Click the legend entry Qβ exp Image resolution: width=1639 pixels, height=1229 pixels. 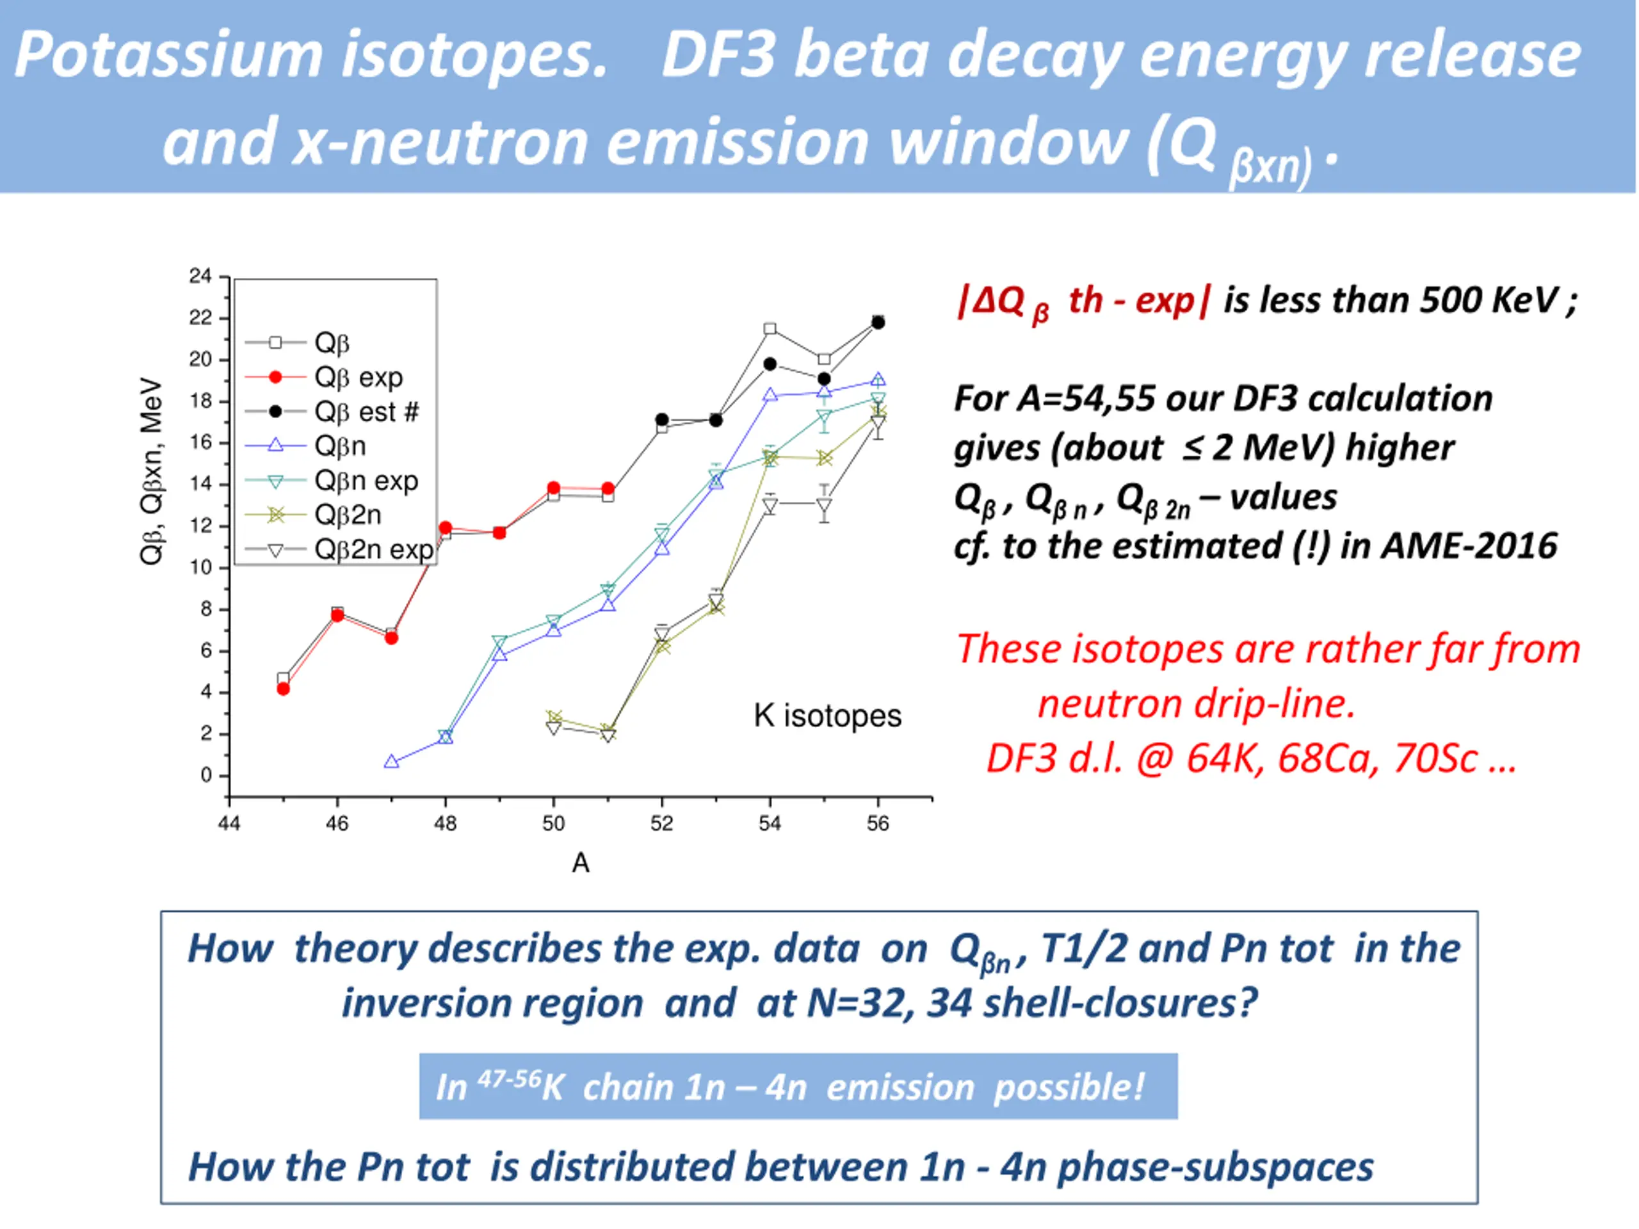359,377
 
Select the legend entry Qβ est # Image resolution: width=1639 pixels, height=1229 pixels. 367,412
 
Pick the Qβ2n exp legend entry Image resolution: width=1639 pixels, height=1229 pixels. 373,550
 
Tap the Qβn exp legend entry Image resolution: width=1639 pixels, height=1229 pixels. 366,481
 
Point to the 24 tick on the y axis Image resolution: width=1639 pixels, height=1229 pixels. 200,277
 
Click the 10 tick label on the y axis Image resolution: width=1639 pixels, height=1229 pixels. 200,568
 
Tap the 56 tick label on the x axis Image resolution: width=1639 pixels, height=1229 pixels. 878,824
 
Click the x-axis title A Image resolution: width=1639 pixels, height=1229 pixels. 581,863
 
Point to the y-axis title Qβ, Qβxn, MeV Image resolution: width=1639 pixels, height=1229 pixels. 151,471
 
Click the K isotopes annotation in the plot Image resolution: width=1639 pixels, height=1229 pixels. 828,716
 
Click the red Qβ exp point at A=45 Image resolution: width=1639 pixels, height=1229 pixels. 283,689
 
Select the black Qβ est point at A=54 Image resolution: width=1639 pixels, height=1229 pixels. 770,364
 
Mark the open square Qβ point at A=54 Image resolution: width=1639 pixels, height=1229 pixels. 770,329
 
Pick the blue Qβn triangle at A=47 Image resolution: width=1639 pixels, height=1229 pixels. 391,762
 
